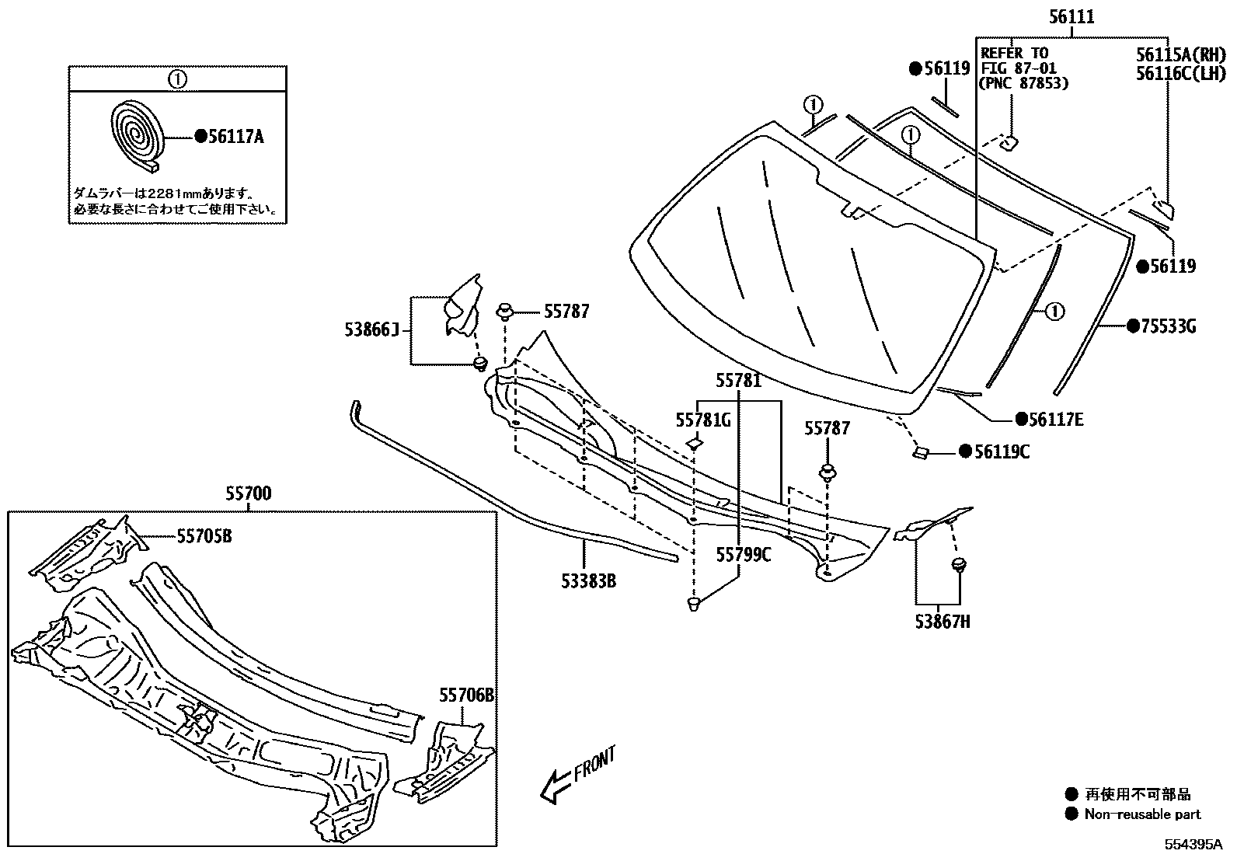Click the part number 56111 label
click(x=1071, y=16)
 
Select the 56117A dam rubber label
click(x=236, y=137)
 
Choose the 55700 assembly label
click(x=249, y=493)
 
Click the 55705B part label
click(x=204, y=535)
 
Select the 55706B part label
click(x=466, y=695)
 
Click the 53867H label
click(x=943, y=621)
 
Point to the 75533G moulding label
click(x=1168, y=326)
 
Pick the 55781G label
click(x=703, y=420)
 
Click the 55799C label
click(x=744, y=554)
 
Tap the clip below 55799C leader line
click(x=694, y=603)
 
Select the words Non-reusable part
click(x=1143, y=814)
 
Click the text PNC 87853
click(x=1024, y=83)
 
